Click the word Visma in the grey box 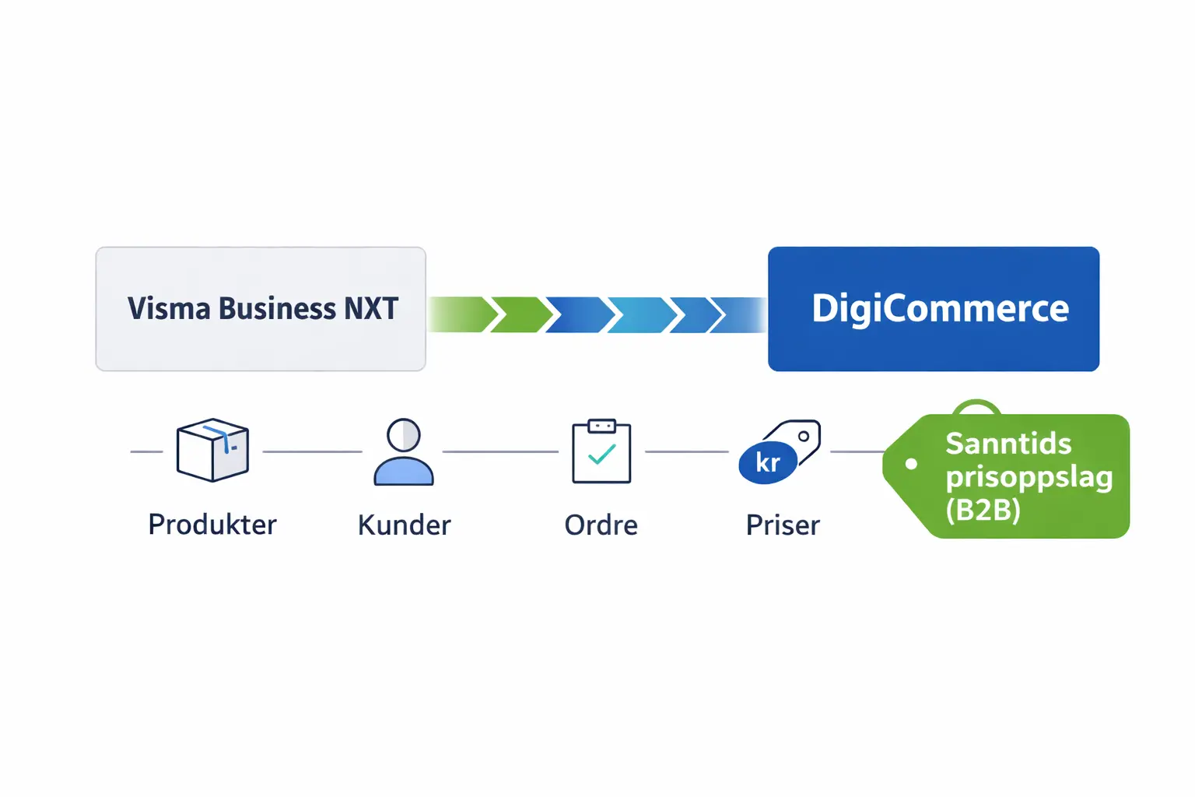point(168,309)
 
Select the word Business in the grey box point(277,309)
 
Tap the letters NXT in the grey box point(371,309)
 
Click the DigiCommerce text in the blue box point(940,308)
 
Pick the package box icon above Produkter point(212,450)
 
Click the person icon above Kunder point(404,452)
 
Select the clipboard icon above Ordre point(601,451)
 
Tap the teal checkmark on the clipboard point(601,455)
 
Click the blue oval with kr point(767,462)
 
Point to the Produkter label point(212,525)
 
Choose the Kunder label point(404,525)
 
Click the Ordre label point(601,525)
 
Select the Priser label point(783,525)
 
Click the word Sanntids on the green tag point(1008,444)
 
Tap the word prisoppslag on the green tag point(1029,477)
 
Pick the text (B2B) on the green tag point(983,510)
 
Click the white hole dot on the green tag point(911,464)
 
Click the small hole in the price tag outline point(804,437)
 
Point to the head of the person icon point(404,435)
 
